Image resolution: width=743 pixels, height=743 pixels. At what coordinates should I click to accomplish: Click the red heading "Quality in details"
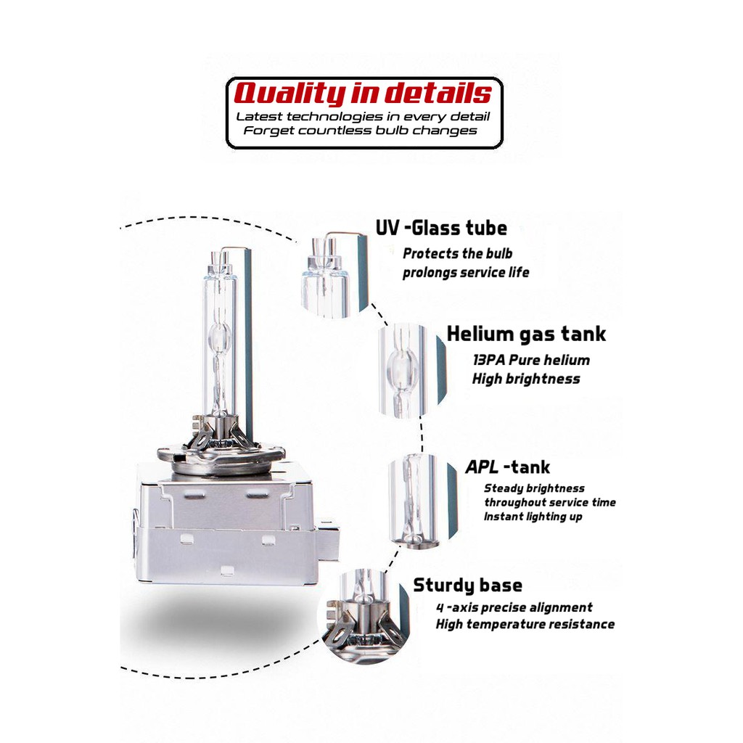pyautogui.click(x=363, y=94)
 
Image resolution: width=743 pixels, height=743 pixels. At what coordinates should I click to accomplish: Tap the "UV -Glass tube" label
pyautogui.click(x=441, y=228)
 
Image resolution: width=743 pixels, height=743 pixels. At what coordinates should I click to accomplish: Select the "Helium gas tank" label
pyautogui.click(x=526, y=334)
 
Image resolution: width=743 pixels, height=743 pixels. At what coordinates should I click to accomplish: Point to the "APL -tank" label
pyautogui.click(x=507, y=467)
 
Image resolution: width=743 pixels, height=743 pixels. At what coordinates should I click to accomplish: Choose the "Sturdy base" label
pyautogui.click(x=467, y=586)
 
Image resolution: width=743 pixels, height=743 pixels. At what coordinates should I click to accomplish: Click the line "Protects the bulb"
pyautogui.click(x=457, y=253)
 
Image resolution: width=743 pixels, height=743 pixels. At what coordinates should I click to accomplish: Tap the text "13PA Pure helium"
pyautogui.click(x=530, y=360)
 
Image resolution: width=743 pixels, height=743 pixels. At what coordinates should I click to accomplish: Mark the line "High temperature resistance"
pyautogui.click(x=525, y=624)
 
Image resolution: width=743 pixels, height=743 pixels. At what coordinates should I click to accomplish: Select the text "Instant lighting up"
pyautogui.click(x=533, y=517)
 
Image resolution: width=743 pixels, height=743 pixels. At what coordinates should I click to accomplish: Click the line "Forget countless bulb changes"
pyautogui.click(x=360, y=131)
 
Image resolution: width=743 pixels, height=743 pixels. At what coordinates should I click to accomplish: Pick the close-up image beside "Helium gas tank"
pyautogui.click(x=411, y=370)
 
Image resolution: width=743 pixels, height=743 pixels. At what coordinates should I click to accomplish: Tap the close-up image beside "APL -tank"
pyautogui.click(x=422, y=499)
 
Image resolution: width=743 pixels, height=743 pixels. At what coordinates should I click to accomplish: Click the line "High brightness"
pyautogui.click(x=526, y=379)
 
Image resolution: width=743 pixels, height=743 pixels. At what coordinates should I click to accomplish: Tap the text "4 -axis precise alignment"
pyautogui.click(x=514, y=607)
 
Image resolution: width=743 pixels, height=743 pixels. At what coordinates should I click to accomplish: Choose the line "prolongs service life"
pyautogui.click(x=466, y=273)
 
